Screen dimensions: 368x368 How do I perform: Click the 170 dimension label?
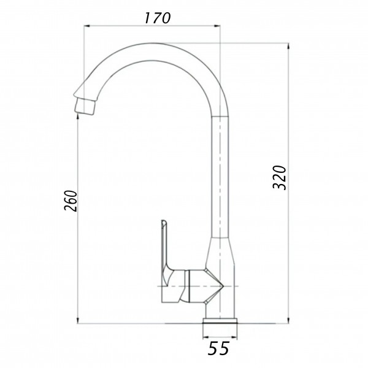point(157,18)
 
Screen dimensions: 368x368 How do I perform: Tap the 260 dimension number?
point(71,201)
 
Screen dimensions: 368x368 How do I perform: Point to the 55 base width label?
point(218,348)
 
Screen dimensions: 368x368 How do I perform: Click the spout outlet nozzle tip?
point(85,106)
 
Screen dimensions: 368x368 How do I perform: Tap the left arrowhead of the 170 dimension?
point(87,26)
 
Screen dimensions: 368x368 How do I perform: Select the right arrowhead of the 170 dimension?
point(217,26)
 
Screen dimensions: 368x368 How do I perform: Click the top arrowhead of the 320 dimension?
point(288,47)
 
